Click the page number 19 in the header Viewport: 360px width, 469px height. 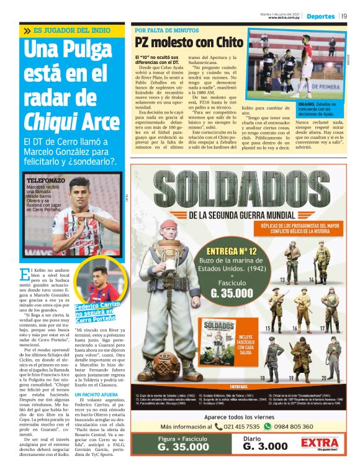pos(343,16)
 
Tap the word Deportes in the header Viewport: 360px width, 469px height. pos(320,16)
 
